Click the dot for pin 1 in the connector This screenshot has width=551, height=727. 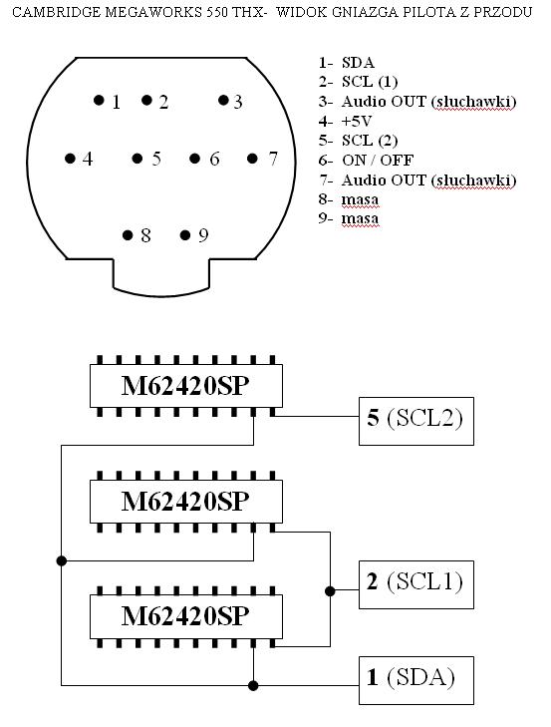tap(99, 100)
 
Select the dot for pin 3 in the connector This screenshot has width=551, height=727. tap(223, 100)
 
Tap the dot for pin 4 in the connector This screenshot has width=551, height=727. tap(70, 159)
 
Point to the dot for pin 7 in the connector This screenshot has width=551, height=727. tap(252, 159)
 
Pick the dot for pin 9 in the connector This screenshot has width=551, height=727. tap(185, 235)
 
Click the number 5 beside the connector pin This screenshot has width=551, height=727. tap(156, 159)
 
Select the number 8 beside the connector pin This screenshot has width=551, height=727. tap(145, 235)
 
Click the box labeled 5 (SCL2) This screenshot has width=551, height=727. tap(416, 421)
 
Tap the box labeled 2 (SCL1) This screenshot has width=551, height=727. tap(416, 584)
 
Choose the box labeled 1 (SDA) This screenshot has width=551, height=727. tap(416, 680)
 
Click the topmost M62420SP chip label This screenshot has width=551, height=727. tap(185, 386)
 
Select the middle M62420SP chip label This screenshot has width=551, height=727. tap(185, 502)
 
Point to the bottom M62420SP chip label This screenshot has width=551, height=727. tap(185, 616)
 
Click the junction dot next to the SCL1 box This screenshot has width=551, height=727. tap(330, 591)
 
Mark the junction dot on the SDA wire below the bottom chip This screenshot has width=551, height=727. tap(253, 685)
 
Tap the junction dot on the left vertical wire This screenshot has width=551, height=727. tap(61, 560)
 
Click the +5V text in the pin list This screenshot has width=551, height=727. tap(357, 121)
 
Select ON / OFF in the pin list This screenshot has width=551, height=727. tap(378, 160)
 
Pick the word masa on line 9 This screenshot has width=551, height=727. tap(360, 218)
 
